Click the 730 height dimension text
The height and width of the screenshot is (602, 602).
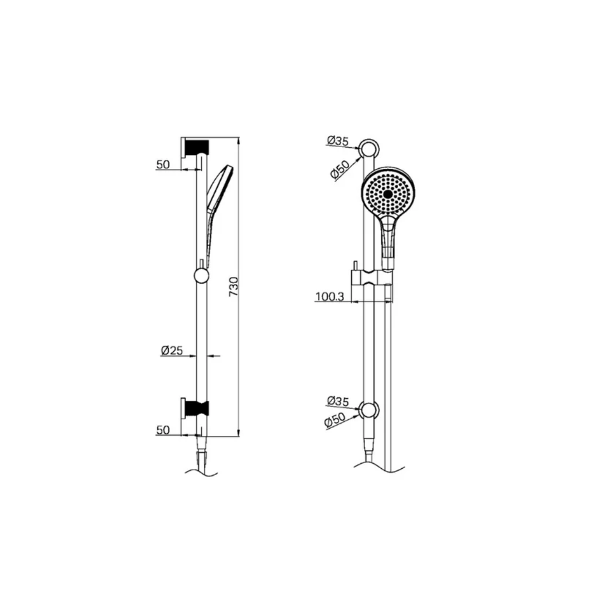234,286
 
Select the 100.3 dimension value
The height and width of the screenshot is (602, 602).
329,297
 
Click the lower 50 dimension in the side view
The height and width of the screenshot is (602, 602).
163,430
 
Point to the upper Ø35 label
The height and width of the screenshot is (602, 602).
338,141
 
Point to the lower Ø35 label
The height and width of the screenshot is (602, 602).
338,400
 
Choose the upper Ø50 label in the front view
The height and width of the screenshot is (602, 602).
339,169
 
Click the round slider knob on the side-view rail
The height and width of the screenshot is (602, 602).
201,275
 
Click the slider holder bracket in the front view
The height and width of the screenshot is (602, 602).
372,278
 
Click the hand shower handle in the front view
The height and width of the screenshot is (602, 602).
389,237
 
